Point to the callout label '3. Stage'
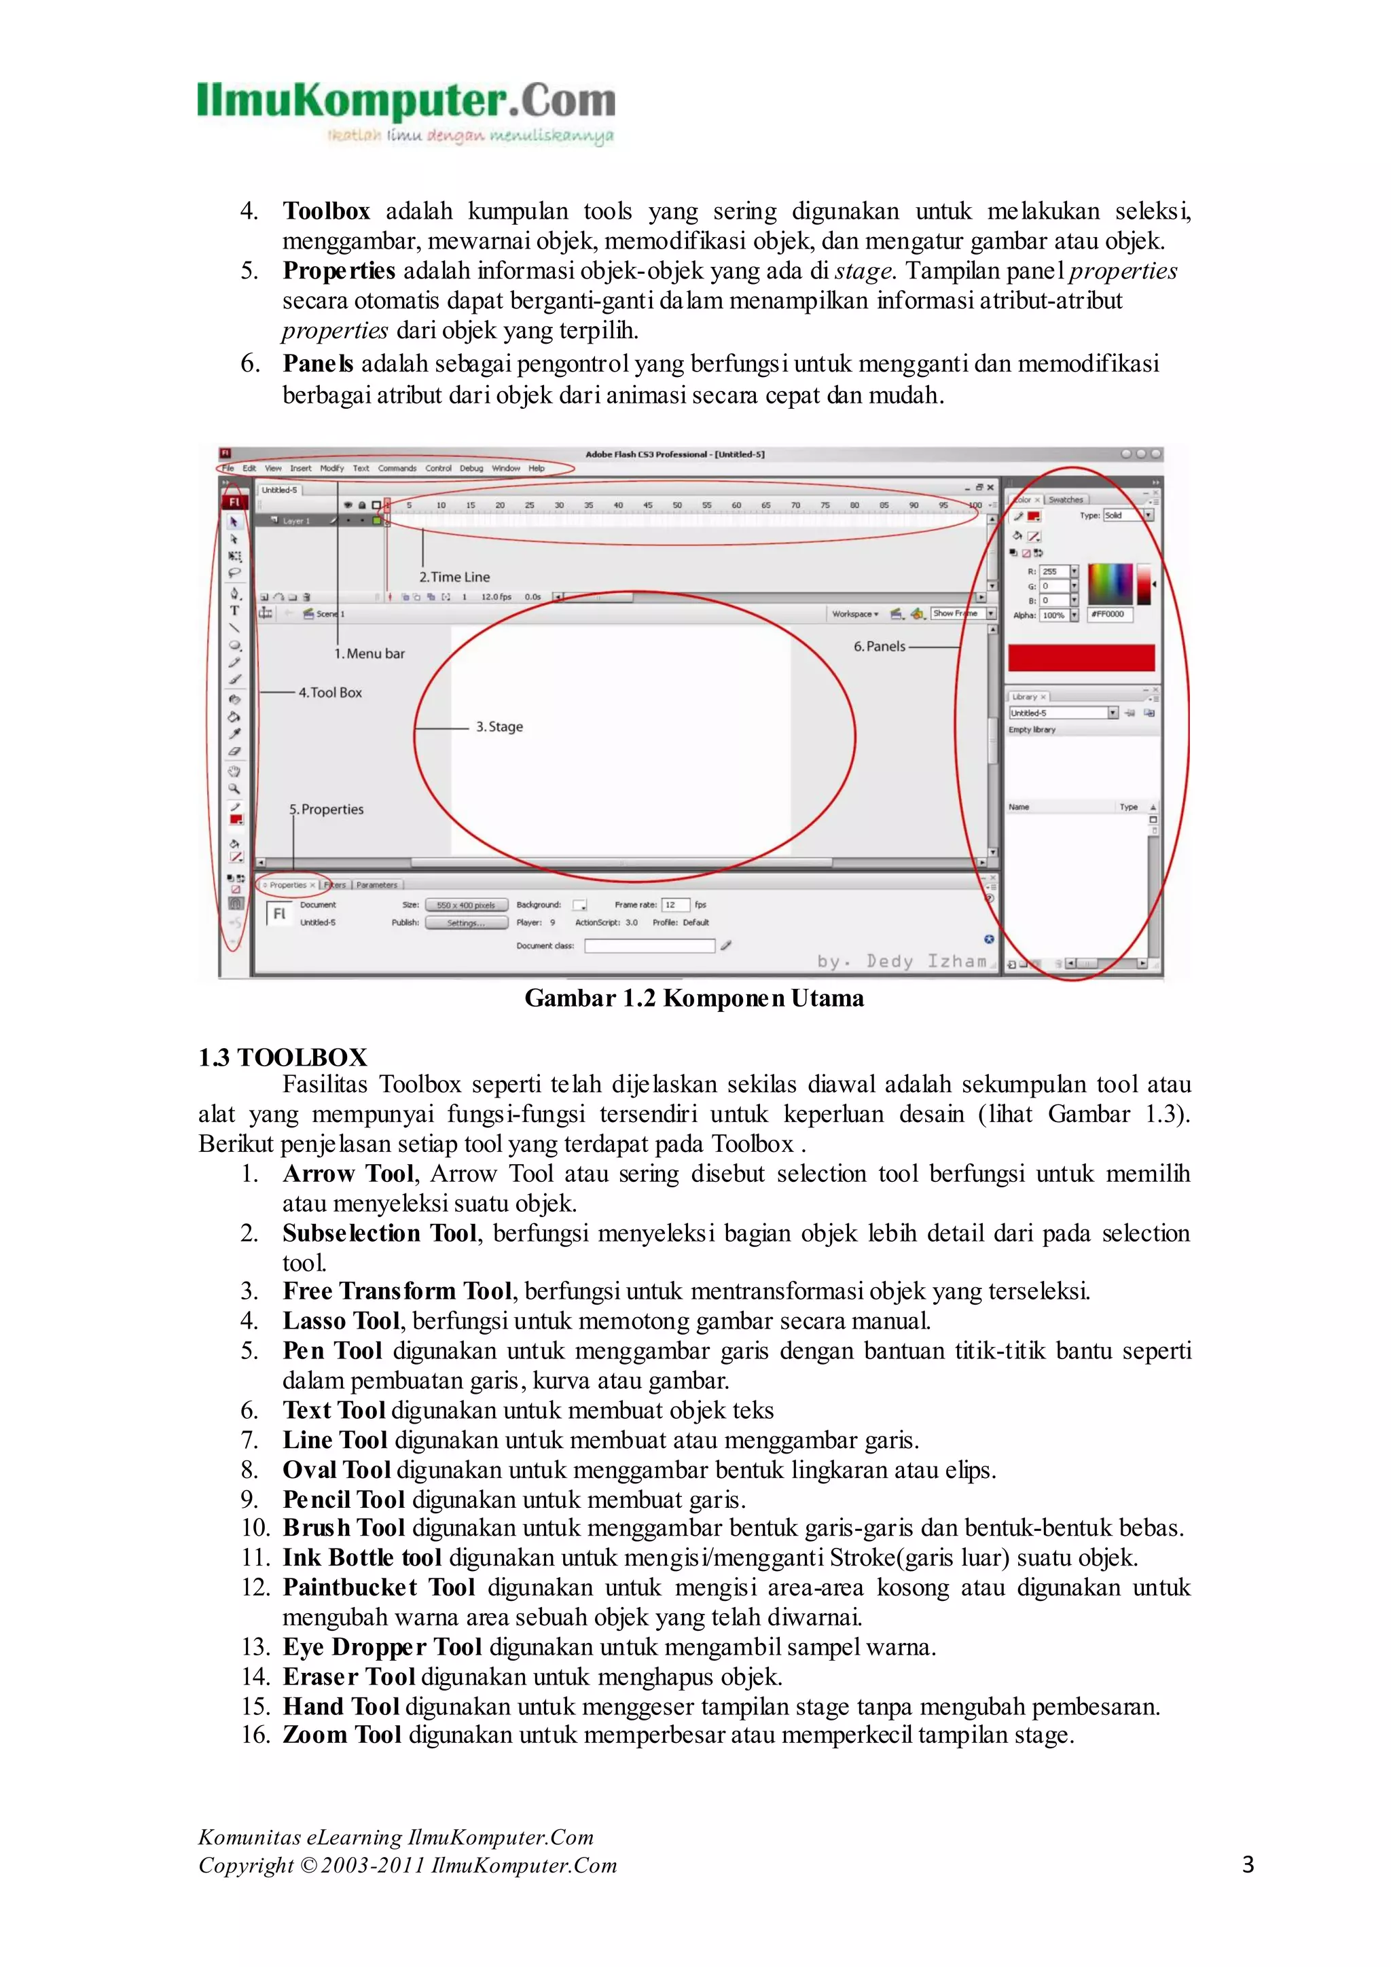coord(499,727)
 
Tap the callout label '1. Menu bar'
coord(369,653)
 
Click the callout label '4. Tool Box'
coord(330,692)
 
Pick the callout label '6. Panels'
coord(879,646)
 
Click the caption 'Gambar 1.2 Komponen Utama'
coord(693,998)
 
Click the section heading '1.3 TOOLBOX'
coord(283,1056)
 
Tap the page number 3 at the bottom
coord(1248,1864)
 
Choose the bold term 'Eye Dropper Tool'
coord(383,1646)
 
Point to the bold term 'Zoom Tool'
coord(342,1735)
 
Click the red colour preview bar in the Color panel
coord(1081,658)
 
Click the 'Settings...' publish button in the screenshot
coord(466,922)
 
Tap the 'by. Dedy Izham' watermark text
coord(901,961)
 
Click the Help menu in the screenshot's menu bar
coord(536,469)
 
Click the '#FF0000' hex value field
coord(1109,614)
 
